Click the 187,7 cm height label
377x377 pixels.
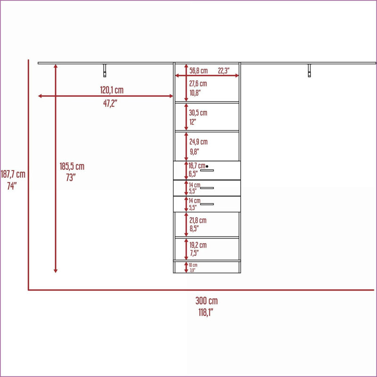point(13,174)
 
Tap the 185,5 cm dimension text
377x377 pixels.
point(72,166)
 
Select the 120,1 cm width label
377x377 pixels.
point(112,90)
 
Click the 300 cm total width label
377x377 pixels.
point(206,301)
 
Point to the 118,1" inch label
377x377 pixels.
point(206,312)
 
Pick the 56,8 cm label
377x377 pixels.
point(198,71)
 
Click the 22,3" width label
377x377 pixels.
point(223,71)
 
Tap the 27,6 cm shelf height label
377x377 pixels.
point(198,84)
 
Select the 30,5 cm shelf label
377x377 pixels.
point(198,113)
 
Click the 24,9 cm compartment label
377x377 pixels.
point(198,142)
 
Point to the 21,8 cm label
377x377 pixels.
point(198,220)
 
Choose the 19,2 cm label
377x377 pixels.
point(198,245)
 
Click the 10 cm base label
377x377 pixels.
point(193,265)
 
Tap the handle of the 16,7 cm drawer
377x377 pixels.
point(207,171)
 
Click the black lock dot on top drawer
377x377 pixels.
point(207,166)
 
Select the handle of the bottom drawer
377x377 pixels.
point(207,204)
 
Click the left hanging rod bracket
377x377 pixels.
point(105,71)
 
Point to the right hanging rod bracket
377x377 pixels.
point(310,71)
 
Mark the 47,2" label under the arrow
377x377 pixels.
point(110,103)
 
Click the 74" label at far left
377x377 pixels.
point(12,186)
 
